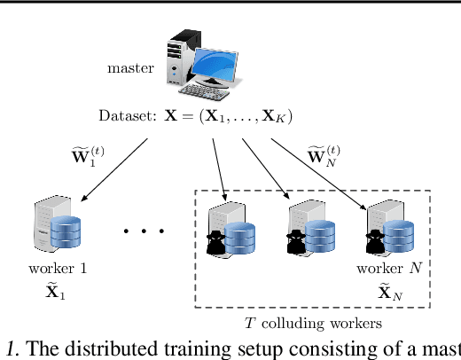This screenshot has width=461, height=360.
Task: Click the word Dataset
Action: pos(127,117)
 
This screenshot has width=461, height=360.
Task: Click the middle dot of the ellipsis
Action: pos(145,232)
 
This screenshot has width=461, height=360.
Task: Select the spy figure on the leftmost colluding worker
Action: pos(216,241)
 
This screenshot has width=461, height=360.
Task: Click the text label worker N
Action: pos(384,268)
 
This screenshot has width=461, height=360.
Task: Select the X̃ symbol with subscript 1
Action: pos(55,291)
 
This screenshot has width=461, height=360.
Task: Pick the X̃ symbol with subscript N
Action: pos(384,291)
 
